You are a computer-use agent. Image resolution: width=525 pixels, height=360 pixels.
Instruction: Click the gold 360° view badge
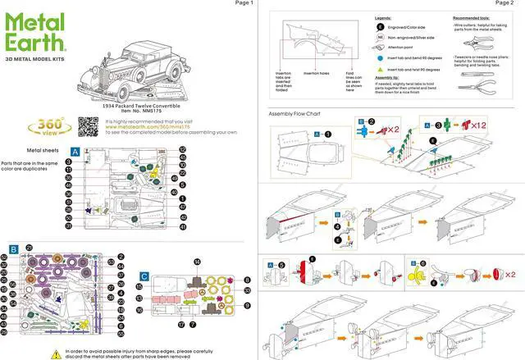[x=45, y=126]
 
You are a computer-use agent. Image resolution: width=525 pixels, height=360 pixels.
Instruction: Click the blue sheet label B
[x=14, y=248]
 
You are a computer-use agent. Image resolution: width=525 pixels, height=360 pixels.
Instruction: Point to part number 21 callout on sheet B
[x=29, y=247]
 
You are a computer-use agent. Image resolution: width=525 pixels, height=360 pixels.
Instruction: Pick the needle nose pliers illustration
[x=478, y=80]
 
